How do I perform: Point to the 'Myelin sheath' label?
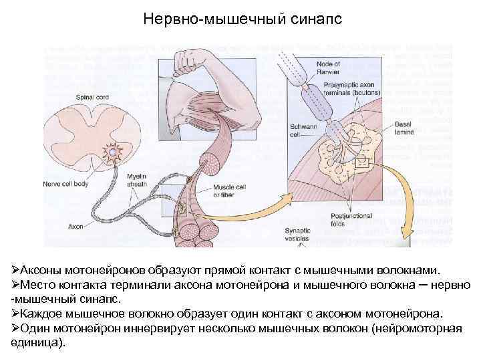click(x=137, y=179)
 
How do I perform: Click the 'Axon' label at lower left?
click(x=76, y=226)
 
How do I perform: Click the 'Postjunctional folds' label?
click(x=349, y=221)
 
